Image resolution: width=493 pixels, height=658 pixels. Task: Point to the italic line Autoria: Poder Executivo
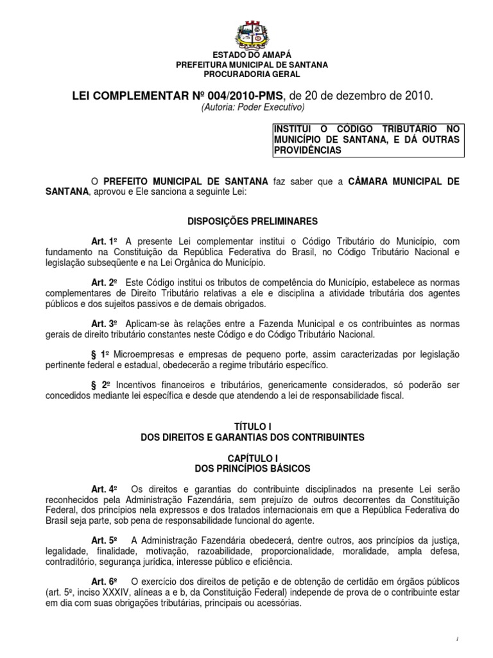[x=252, y=107]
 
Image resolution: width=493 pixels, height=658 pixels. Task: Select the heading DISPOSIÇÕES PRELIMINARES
[x=252, y=221]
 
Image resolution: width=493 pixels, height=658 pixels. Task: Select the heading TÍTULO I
[x=252, y=427]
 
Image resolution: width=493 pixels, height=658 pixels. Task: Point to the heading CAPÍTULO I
[x=252, y=456]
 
